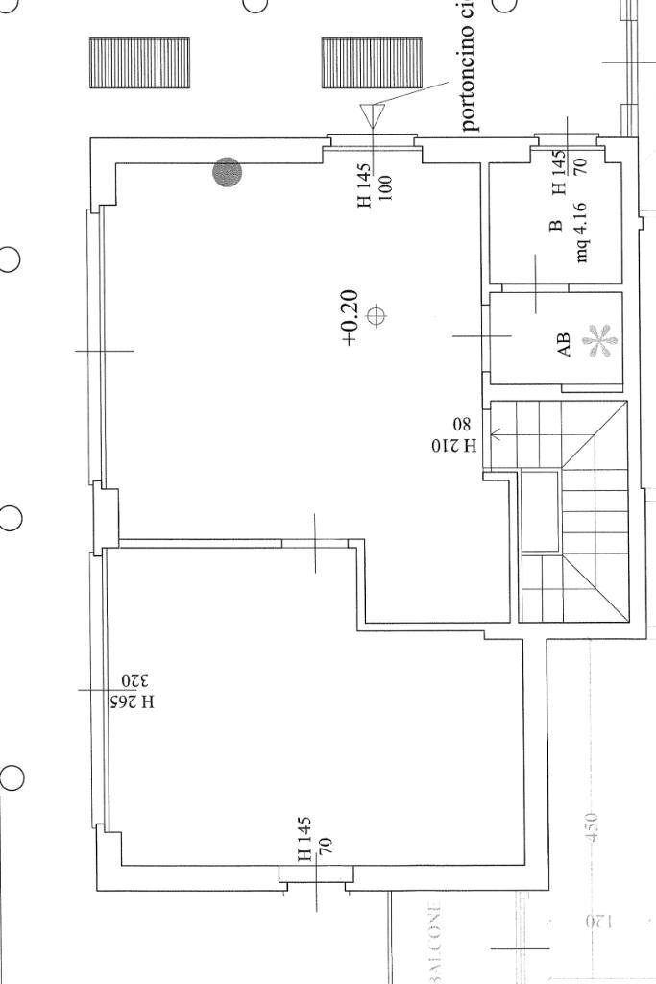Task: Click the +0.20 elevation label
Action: [349, 316]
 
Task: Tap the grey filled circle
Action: [228, 173]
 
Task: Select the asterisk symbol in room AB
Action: [599, 342]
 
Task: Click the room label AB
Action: [565, 344]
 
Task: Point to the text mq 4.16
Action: [582, 233]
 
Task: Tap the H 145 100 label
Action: [375, 184]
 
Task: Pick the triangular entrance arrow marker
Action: [372, 116]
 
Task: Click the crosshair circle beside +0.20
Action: [377, 315]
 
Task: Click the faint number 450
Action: [592, 827]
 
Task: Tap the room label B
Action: [555, 227]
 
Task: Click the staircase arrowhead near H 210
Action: [496, 434]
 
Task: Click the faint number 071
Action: [597, 922]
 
